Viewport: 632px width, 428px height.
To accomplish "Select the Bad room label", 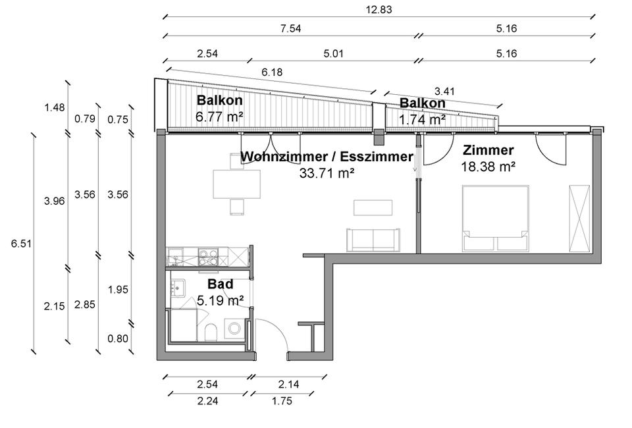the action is coord(220,285).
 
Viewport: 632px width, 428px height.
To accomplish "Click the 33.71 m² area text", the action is coord(327,173).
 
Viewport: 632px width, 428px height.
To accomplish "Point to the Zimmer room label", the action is coord(488,149).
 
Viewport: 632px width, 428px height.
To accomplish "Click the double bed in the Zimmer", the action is coord(496,217).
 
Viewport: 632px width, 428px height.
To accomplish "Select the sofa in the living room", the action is coord(373,239).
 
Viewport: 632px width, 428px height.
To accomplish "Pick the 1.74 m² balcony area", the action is coord(422,119).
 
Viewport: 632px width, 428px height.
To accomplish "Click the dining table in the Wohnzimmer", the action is coord(230,184).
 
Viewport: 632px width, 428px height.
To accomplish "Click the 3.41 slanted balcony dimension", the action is coord(444,91).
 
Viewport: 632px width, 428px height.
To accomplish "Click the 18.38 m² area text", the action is coord(488,167).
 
